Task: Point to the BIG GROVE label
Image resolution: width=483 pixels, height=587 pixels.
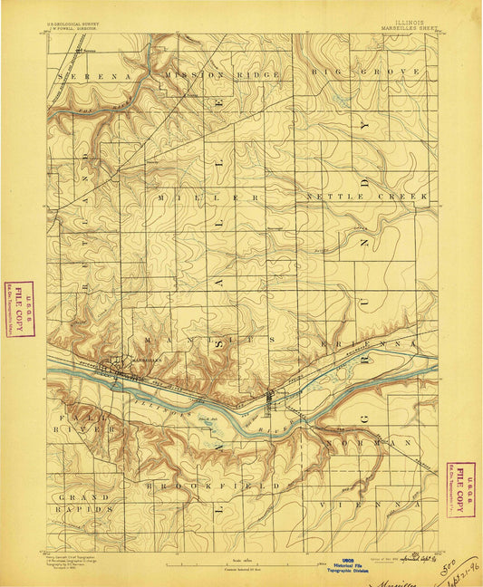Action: pos(366,71)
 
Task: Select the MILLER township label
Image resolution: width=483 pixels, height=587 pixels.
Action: pos(208,197)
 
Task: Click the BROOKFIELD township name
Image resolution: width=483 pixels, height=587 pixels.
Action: pos(211,486)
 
